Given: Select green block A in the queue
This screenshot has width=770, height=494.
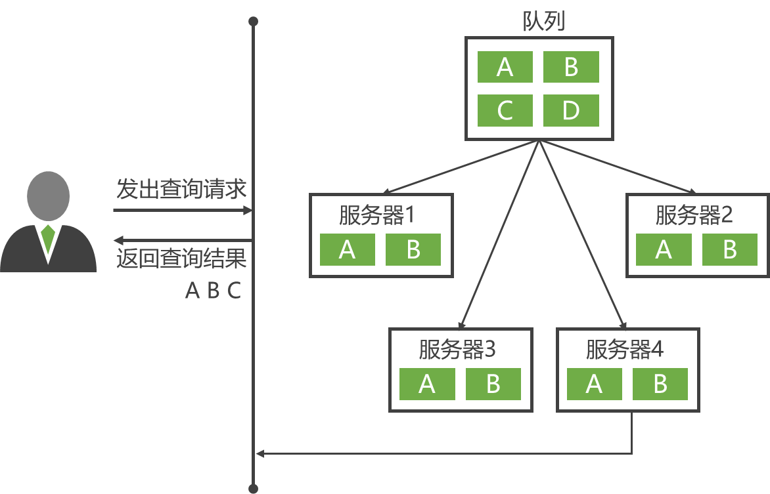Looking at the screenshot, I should point(505,67).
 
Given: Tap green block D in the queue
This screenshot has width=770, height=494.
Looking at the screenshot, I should point(571,110).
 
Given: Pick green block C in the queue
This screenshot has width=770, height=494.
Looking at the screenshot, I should point(505,110).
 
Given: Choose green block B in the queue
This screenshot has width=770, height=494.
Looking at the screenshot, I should point(571,67).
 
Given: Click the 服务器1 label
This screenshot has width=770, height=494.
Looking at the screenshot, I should point(378,215).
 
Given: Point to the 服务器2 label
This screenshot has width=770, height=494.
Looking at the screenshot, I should point(694,215).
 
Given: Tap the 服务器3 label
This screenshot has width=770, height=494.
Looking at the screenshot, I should point(457,350).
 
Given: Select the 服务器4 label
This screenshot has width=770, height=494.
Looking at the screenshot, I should point(624,350).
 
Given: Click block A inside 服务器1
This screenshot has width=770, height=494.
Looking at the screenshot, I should point(347,250).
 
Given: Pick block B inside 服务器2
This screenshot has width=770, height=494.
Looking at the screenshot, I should point(730,250).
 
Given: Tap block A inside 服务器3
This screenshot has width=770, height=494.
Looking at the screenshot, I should point(427,384).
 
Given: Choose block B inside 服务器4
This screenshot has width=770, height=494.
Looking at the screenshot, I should point(660,384).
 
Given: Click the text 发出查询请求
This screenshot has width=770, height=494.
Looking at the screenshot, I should point(181,190).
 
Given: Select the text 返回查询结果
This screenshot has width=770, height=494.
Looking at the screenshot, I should point(181,259).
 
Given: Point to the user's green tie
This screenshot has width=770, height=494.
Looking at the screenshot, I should point(47,238).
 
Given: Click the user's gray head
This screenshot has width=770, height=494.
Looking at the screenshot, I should point(47,196).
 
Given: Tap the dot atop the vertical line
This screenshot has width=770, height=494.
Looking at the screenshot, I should point(253,22).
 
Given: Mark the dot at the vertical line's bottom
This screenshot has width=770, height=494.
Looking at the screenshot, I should point(253,488).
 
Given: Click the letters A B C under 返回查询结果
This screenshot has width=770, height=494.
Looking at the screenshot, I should point(214,291).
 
